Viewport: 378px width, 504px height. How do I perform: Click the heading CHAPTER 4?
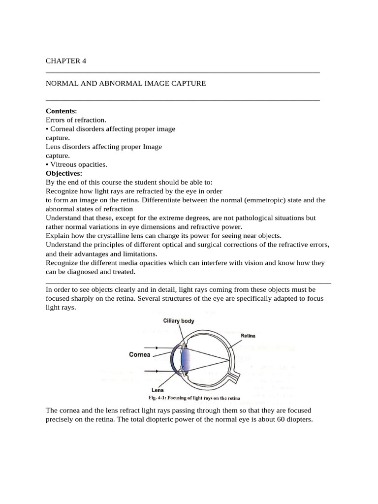coord(65,61)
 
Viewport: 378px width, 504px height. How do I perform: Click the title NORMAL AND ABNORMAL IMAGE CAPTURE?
coord(126,84)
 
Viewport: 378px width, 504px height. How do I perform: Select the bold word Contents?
coord(61,111)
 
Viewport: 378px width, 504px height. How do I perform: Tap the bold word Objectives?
coord(64,173)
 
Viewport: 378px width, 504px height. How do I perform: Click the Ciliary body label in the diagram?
coord(179,321)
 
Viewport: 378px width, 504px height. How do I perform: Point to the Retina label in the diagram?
coord(249,336)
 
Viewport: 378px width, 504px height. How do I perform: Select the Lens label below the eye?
coord(164,389)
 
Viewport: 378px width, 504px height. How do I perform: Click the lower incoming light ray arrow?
coord(156,371)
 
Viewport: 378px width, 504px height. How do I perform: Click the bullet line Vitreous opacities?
coord(76,164)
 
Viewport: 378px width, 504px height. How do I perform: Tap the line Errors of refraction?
coord(76,120)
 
